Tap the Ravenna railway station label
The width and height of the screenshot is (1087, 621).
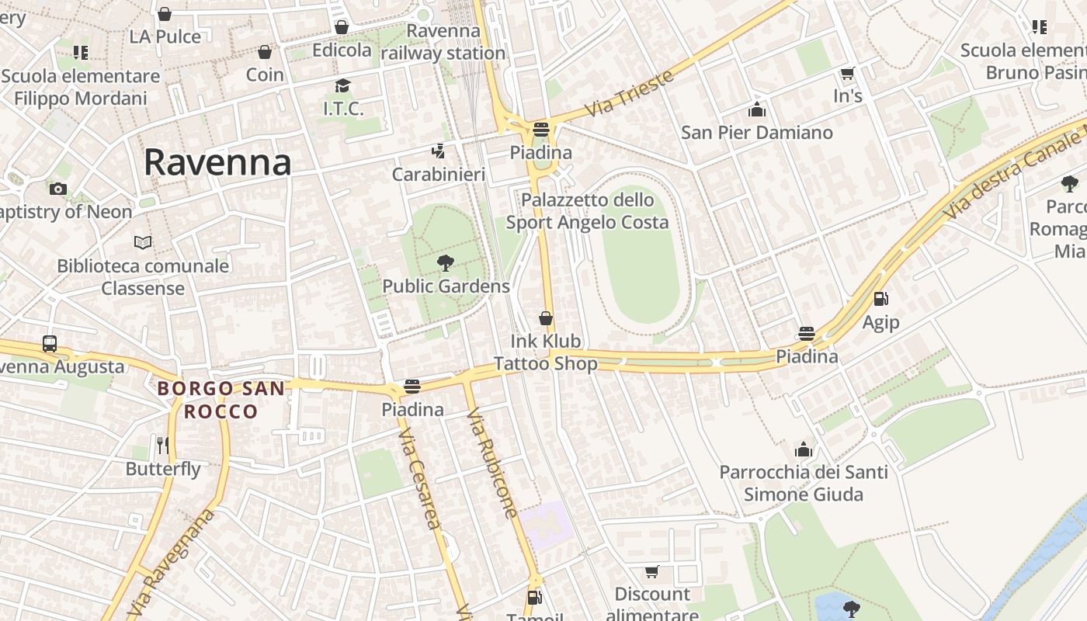(x=443, y=42)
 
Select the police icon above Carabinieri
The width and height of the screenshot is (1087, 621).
(x=439, y=151)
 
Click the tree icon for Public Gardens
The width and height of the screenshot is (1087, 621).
(x=445, y=263)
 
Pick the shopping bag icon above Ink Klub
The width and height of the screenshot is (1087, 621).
(x=546, y=318)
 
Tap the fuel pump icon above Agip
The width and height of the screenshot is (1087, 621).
(x=880, y=299)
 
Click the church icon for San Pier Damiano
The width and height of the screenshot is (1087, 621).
(x=756, y=109)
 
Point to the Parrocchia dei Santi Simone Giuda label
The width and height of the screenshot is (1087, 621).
(x=804, y=483)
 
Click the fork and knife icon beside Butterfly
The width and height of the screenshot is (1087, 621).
(x=162, y=445)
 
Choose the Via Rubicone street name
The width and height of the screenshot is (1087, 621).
(x=492, y=463)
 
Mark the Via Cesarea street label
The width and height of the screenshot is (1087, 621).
(x=420, y=481)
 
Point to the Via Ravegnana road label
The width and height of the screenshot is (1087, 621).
(x=169, y=560)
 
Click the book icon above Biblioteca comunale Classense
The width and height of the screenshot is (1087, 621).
(x=142, y=242)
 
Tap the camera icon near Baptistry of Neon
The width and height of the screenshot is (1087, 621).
(x=57, y=189)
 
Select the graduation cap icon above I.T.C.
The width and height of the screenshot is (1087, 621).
(x=342, y=85)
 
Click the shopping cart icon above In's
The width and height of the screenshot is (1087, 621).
(x=847, y=74)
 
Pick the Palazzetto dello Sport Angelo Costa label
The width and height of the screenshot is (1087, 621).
(x=587, y=211)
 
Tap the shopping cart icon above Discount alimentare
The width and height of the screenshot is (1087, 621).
(x=651, y=572)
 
